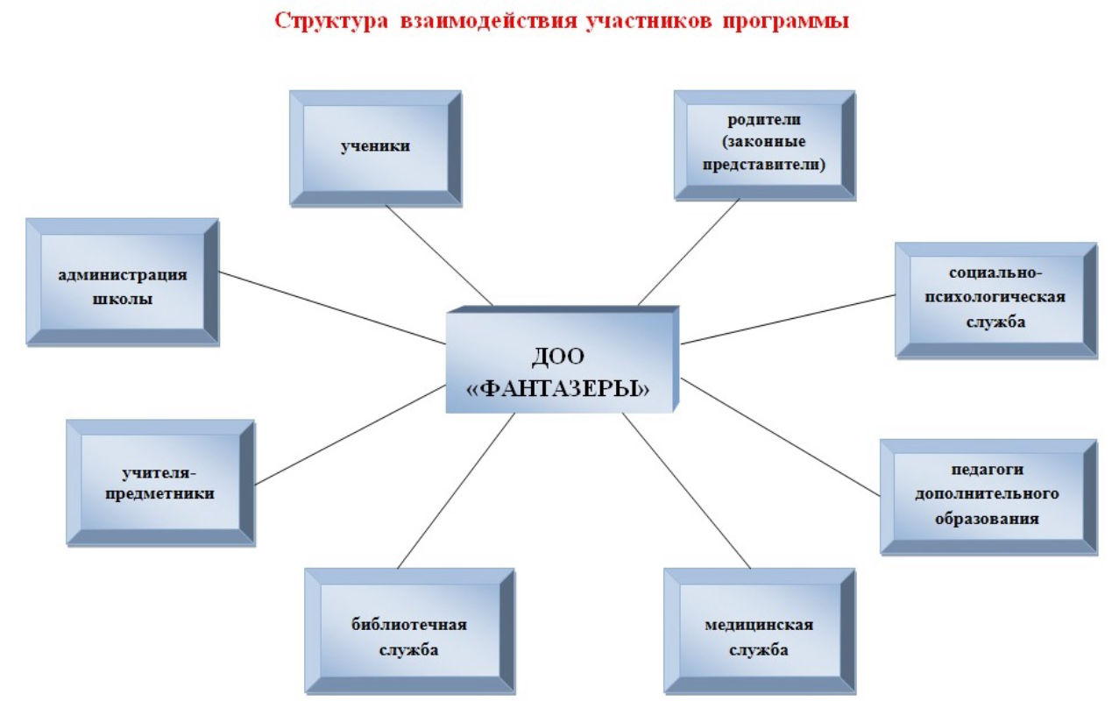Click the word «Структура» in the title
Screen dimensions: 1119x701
[x=331, y=22]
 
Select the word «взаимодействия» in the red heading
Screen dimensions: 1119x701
[x=489, y=21]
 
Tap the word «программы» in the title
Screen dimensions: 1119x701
[x=786, y=22]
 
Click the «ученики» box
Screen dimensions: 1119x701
[x=376, y=148]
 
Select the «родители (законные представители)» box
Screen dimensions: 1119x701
[x=764, y=145]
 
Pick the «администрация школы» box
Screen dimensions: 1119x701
[x=123, y=282]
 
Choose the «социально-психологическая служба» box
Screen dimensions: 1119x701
[x=996, y=301]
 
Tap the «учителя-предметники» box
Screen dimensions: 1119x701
[x=160, y=483]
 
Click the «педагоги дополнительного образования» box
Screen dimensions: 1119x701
[x=988, y=497]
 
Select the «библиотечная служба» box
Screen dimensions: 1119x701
[x=409, y=631]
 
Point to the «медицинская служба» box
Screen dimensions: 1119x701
[x=760, y=631]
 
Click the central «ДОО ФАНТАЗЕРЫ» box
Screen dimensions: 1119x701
[x=563, y=360]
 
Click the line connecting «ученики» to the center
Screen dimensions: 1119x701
[x=439, y=255]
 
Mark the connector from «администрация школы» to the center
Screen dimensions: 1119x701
[x=332, y=308]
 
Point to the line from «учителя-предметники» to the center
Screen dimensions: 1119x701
[x=351, y=435]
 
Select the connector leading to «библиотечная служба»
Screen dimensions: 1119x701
[x=456, y=491]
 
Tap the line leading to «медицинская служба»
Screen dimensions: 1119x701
[x=686, y=491]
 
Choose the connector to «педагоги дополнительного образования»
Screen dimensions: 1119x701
[x=780, y=437]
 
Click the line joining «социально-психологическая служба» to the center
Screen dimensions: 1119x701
[x=788, y=319]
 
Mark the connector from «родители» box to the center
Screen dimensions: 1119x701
[x=689, y=251]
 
